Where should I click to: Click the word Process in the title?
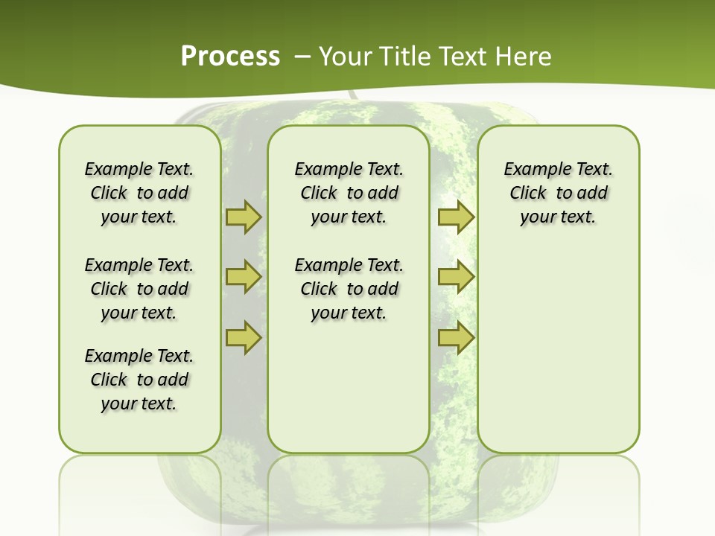230,57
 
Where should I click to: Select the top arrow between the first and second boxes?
244,217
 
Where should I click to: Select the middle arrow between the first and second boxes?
244,277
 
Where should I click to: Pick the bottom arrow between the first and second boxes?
244,337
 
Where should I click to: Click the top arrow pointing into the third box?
456,217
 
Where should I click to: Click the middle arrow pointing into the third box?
456,277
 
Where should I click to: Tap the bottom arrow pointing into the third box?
456,337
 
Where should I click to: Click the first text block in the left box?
139,193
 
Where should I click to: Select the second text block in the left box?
139,289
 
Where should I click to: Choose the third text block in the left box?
139,380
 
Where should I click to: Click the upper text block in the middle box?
349,193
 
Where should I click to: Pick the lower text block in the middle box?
349,289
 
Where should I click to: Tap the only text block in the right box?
558,193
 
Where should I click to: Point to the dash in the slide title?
302,57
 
